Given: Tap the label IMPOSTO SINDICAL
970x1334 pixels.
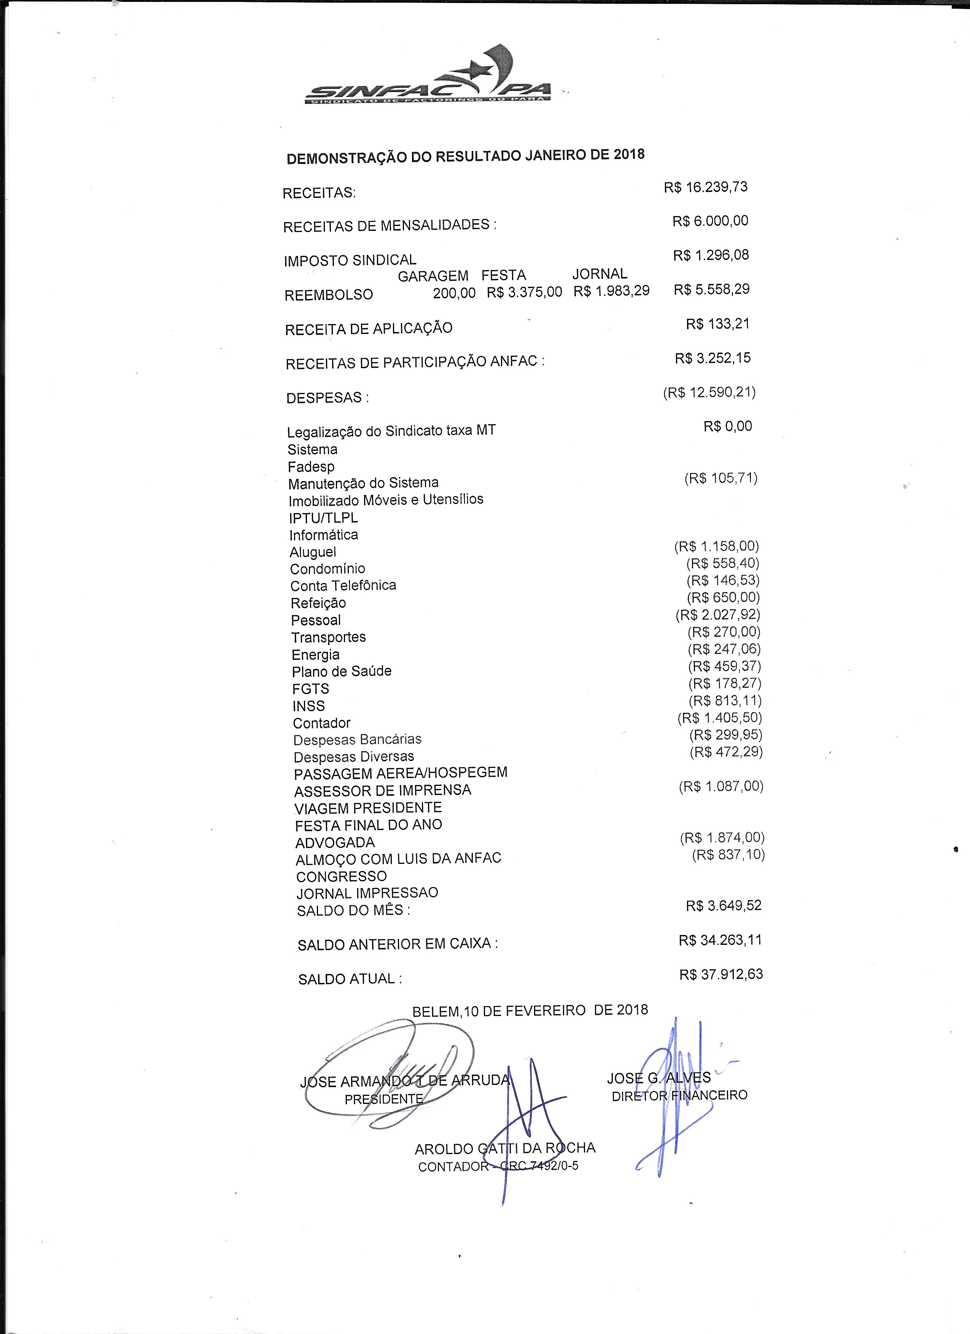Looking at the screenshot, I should (350, 260).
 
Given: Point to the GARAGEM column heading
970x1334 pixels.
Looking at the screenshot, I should (433, 276).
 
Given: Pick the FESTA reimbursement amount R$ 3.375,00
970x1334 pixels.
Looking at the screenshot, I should (524, 292).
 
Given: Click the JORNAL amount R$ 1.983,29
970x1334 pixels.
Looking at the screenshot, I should (611, 291).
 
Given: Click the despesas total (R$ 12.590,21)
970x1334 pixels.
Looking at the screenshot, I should (709, 392).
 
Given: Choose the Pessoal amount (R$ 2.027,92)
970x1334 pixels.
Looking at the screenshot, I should (718, 615).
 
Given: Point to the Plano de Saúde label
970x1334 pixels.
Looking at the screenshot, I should (342, 671).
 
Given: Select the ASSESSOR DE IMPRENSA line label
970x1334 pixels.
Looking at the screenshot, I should (382, 790).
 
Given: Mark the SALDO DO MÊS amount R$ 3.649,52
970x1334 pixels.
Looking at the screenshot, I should (724, 905).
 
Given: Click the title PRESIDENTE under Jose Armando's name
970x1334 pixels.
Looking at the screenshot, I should (383, 1099).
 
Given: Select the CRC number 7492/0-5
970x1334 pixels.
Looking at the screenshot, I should (547, 1166).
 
